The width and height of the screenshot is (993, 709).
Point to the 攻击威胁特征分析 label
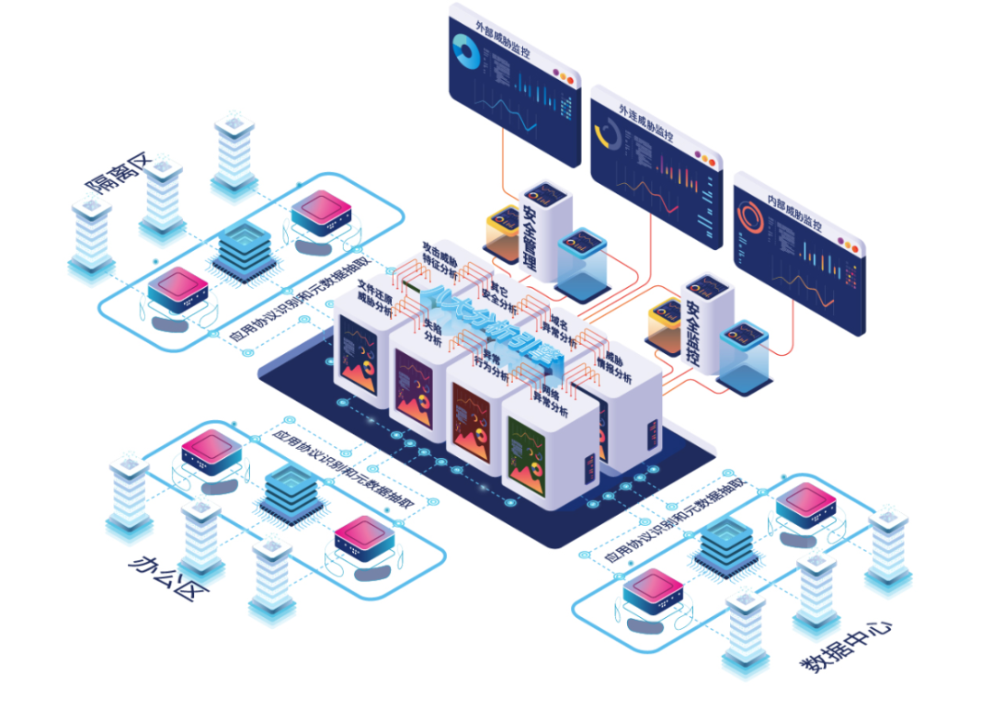click(x=439, y=261)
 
